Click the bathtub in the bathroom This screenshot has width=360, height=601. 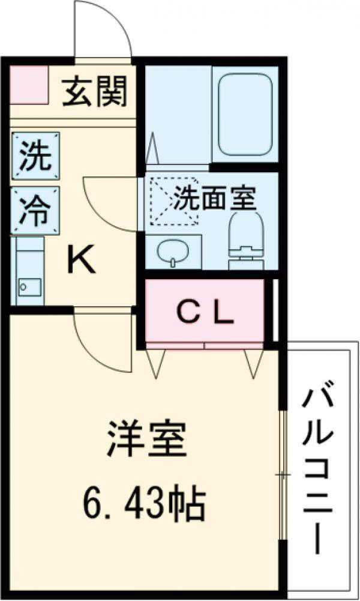246,114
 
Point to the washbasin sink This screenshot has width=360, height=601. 173,253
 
